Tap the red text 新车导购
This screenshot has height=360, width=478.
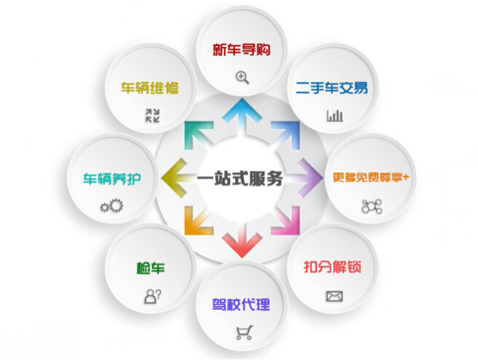[241, 50]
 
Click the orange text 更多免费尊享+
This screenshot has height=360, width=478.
[371, 177]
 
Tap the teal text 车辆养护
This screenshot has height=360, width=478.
[112, 178]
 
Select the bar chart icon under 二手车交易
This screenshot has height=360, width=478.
[334, 115]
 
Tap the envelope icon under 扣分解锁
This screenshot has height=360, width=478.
[333, 296]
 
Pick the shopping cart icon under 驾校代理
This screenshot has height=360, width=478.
[242, 334]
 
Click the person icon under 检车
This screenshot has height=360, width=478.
[151, 295]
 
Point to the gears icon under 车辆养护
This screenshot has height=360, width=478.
[111, 206]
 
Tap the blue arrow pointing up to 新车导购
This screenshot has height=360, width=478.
[240, 114]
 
